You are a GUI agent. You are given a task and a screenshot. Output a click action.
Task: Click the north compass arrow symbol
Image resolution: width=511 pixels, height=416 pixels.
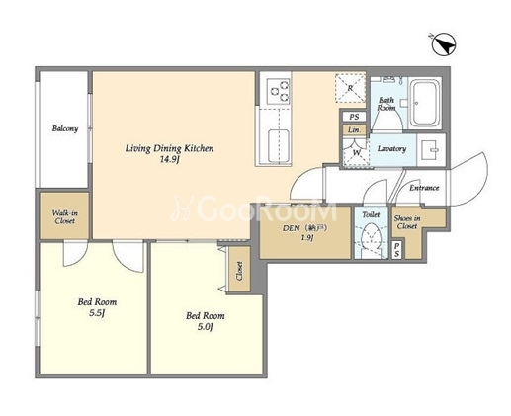point(444,45)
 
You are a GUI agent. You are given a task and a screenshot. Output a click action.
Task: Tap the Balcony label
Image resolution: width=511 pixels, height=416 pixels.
point(65,128)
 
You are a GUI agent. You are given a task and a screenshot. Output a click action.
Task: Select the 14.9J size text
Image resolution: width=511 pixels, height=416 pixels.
point(169,160)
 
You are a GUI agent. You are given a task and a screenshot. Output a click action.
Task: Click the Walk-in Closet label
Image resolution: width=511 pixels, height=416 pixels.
point(65,217)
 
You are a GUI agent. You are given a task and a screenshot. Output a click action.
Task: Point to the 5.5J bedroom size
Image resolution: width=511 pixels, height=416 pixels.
point(97,313)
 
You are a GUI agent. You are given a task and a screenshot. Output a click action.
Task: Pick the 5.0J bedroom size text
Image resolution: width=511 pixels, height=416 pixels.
point(206,327)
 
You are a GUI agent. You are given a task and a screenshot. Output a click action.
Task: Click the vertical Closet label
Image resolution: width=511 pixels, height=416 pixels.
point(239,271)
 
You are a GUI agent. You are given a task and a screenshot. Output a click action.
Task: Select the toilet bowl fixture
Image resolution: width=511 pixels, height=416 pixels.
point(371,236)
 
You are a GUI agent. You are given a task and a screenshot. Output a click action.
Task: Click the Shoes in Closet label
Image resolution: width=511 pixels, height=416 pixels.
point(407,222)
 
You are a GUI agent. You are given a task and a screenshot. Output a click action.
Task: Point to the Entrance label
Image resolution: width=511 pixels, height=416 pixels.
point(424,188)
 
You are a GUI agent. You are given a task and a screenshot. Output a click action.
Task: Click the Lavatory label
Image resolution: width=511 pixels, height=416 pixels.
point(391,148)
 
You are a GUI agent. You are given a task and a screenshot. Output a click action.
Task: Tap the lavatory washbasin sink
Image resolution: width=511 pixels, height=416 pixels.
point(431,150)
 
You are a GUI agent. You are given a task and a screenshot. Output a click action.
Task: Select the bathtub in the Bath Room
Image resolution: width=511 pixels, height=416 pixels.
point(425,103)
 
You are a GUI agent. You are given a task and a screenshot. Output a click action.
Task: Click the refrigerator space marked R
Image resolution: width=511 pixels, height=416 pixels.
point(351,88)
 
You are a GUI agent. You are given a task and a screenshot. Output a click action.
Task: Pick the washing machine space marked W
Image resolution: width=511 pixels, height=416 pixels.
point(356,153)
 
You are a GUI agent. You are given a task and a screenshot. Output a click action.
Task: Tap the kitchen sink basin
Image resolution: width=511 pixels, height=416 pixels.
point(279,146)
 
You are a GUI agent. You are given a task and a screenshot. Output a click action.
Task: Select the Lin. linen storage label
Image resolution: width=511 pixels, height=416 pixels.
point(354,129)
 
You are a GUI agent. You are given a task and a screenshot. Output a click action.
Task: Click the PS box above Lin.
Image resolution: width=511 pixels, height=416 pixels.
point(354,117)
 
